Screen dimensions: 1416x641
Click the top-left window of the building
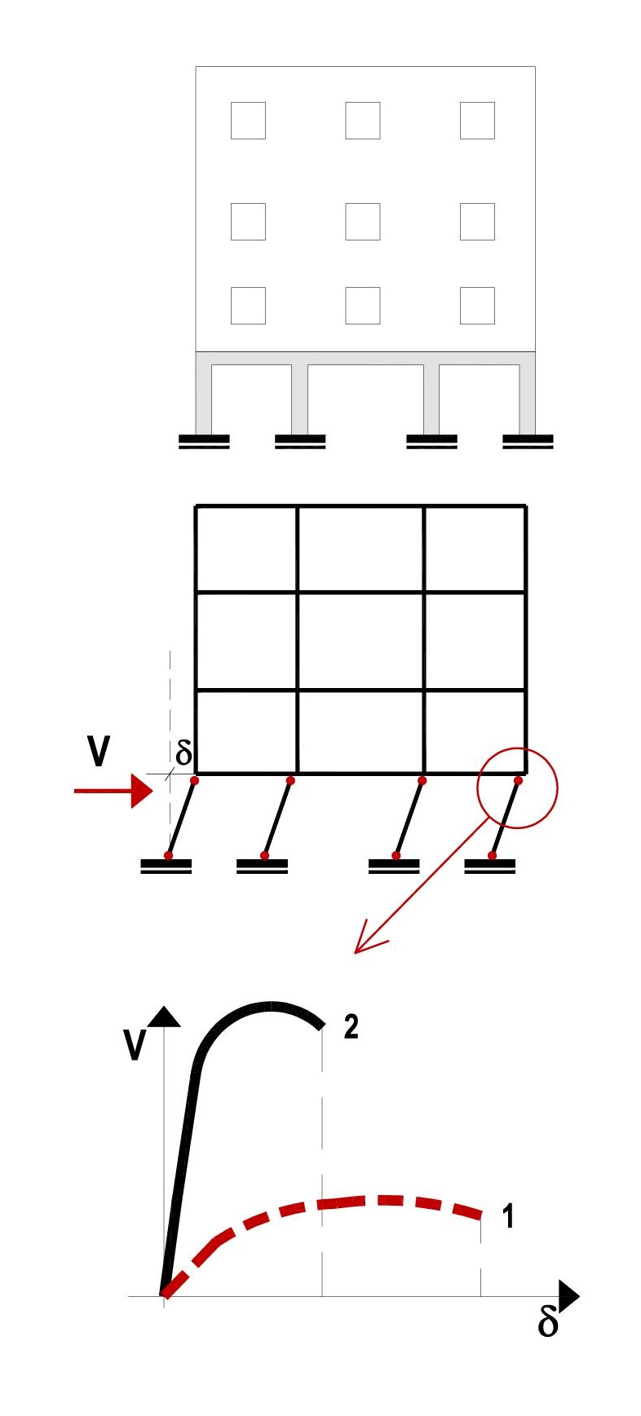[x=248, y=121]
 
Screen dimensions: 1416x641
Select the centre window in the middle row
[x=363, y=221]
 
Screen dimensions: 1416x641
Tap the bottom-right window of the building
[x=477, y=306]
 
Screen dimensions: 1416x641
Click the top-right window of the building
[x=477, y=121]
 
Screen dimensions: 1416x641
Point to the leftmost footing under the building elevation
[x=204, y=442]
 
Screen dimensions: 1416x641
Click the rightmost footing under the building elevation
[x=528, y=442]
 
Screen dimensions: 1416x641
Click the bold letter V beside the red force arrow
[x=98, y=752]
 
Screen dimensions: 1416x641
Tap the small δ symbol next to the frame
[x=183, y=754]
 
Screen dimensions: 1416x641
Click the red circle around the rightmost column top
[x=517, y=788]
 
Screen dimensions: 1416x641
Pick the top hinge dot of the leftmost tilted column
[x=194, y=781]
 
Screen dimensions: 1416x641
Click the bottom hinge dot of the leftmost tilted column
[x=168, y=856]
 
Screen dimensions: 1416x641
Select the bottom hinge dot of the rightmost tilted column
[x=492, y=856]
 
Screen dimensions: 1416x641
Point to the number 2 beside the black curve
[x=351, y=1027]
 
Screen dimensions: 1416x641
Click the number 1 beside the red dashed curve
[x=507, y=1216]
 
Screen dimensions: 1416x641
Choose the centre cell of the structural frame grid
[x=360, y=642]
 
